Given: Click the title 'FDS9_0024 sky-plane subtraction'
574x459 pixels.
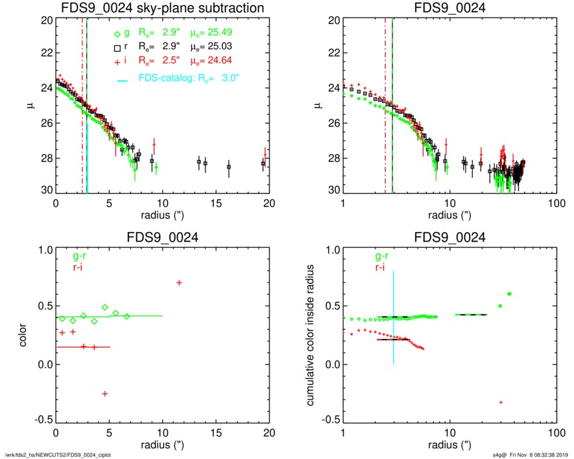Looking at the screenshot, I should (162, 8).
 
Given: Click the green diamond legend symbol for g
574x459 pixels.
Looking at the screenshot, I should (116, 35).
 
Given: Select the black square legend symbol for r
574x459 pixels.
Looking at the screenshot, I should (116, 48).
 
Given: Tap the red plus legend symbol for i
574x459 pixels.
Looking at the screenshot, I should (116, 60).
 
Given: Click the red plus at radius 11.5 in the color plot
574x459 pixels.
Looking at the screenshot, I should (178, 282).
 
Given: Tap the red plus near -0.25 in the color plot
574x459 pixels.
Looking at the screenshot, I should (104, 394).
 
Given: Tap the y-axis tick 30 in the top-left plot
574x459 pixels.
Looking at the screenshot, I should (46, 191).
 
